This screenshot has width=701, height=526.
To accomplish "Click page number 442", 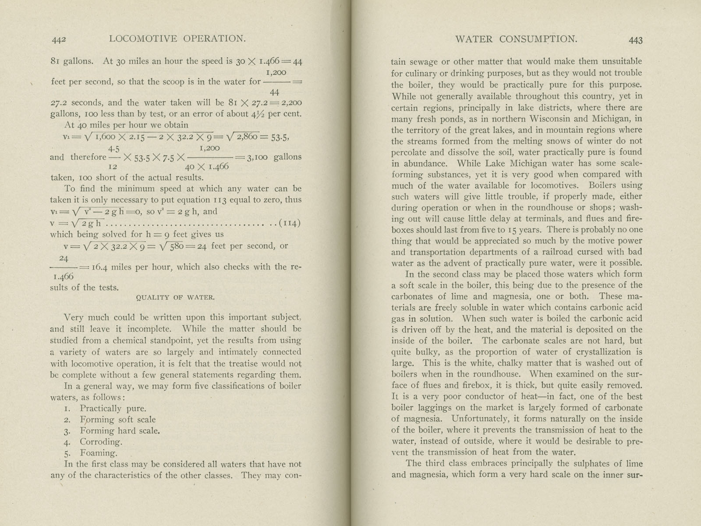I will [58, 39].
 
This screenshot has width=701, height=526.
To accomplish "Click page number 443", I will [635, 40].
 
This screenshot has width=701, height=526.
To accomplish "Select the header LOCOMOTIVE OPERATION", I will [177, 39].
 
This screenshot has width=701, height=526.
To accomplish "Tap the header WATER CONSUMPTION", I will [516, 39].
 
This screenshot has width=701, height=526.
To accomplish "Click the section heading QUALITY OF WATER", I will [175, 298].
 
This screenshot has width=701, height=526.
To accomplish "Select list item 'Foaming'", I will [98, 453].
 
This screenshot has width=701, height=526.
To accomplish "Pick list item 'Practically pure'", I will [113, 409].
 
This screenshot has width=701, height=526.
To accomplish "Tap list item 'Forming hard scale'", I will [120, 431].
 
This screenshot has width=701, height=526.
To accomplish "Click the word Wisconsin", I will [555, 119].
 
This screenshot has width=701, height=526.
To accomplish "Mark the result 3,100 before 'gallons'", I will [257, 157].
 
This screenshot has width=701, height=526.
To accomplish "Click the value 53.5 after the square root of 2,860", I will [279, 136].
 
